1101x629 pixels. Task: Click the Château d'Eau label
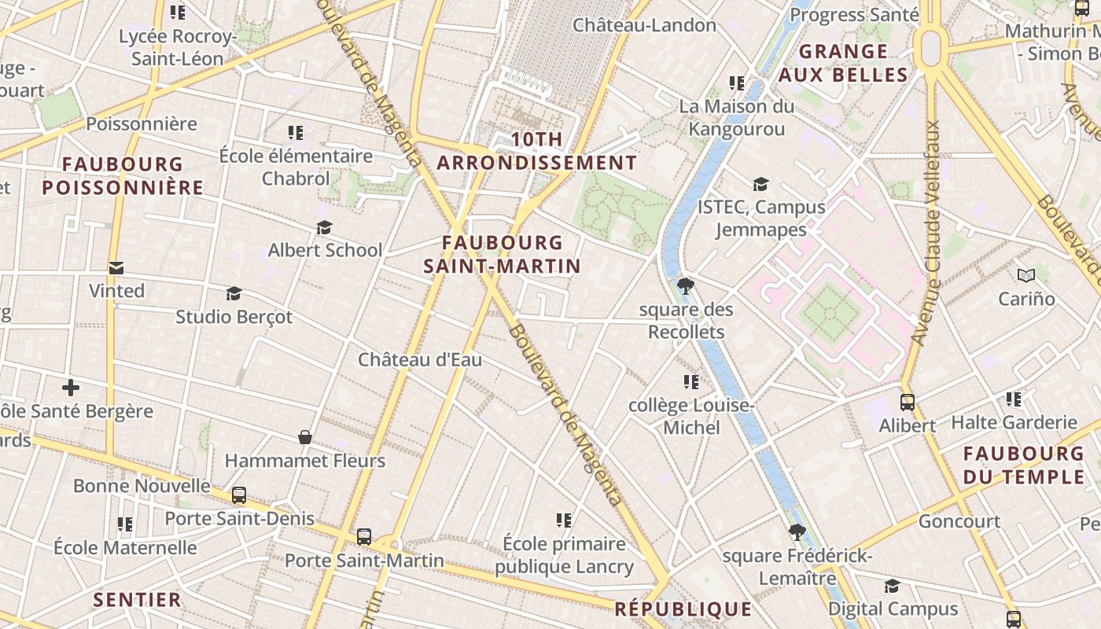pyautogui.click(x=420, y=359)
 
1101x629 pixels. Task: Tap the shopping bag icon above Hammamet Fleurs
pyautogui.click(x=305, y=437)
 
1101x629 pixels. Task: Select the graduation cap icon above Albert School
pyautogui.click(x=324, y=228)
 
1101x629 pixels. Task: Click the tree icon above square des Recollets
pyautogui.click(x=685, y=285)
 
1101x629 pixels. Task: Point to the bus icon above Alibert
pyautogui.click(x=907, y=403)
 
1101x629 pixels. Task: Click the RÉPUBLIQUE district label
pyautogui.click(x=683, y=609)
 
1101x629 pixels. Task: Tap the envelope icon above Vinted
pyautogui.click(x=116, y=268)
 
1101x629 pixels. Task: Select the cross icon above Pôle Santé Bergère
pyautogui.click(x=71, y=388)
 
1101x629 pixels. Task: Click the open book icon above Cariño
pyautogui.click(x=1026, y=275)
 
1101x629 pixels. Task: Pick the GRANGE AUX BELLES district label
pyautogui.click(x=843, y=64)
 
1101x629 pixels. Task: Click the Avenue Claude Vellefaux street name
pyautogui.click(x=926, y=233)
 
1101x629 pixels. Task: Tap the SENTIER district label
pyautogui.click(x=138, y=600)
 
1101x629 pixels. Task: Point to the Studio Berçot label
pyautogui.click(x=234, y=317)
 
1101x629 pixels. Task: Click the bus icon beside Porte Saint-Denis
pyautogui.click(x=239, y=496)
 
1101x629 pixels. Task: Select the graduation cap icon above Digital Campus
pyautogui.click(x=892, y=587)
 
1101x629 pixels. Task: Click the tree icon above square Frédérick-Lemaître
pyautogui.click(x=797, y=532)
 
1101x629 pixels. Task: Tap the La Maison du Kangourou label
pyautogui.click(x=737, y=117)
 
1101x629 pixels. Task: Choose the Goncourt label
pyautogui.click(x=959, y=521)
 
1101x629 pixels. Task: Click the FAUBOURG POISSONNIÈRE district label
pyautogui.click(x=123, y=176)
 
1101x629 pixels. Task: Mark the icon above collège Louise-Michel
pyautogui.click(x=691, y=382)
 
